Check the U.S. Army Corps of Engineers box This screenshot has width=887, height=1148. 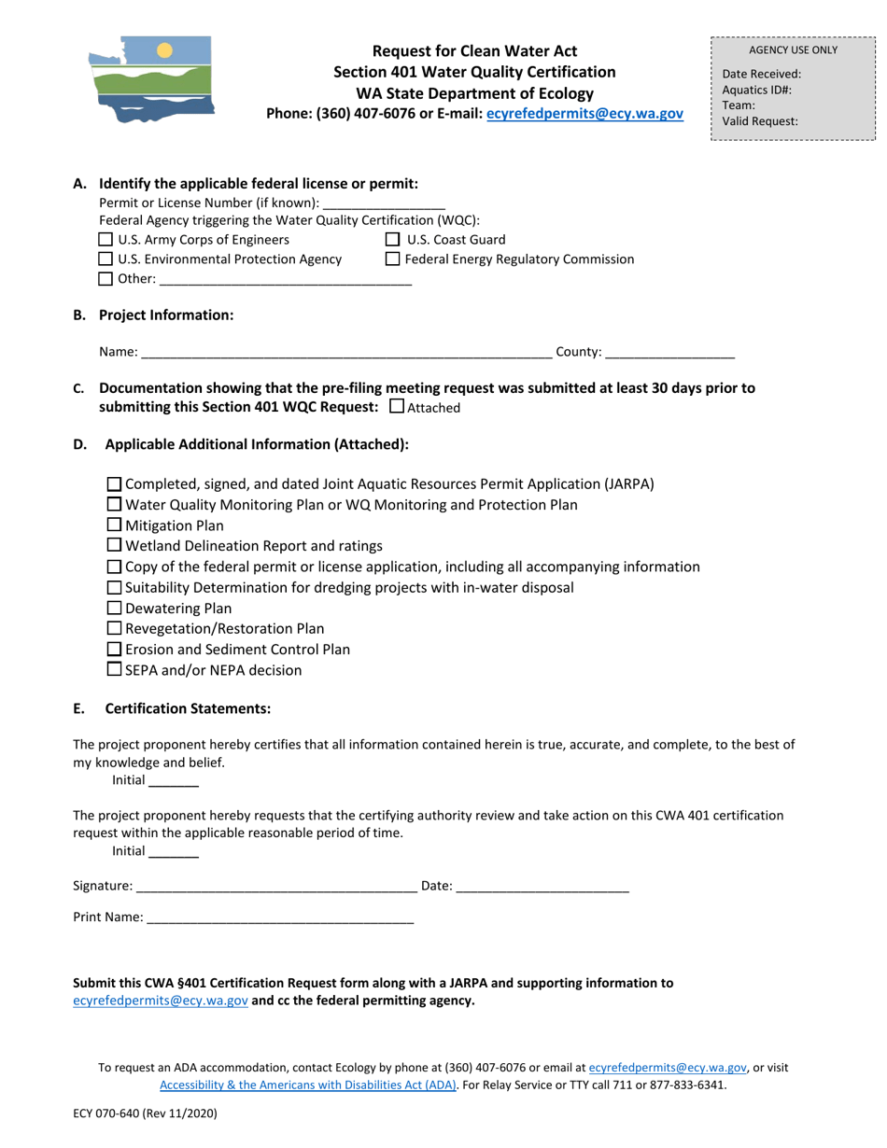(106, 240)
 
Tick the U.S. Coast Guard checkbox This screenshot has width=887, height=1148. (392, 240)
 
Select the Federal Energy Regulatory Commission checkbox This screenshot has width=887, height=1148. (392, 259)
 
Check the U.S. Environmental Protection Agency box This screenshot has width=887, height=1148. (106, 259)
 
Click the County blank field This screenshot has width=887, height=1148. (669, 353)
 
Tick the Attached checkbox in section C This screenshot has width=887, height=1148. (396, 407)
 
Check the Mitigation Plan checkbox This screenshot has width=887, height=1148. (114, 525)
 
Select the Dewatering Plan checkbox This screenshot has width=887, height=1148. (114, 609)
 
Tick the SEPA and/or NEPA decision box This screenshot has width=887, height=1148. (114, 670)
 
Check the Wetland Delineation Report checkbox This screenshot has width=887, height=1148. (114, 546)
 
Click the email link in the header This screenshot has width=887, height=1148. (584, 114)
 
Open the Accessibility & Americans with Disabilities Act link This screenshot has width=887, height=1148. (308, 1085)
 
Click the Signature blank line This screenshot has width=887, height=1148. (276, 887)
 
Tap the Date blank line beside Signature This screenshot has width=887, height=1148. (542, 887)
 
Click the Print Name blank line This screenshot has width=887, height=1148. (280, 918)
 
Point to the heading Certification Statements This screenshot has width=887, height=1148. (188, 709)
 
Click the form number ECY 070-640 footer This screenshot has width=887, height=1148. (145, 1113)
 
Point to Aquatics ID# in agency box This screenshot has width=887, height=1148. (757, 91)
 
